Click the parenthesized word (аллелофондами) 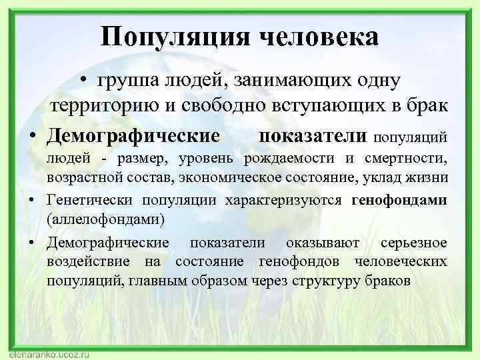coord(97,219)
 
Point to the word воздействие coord(87,261)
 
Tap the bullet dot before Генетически coord(32,200)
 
